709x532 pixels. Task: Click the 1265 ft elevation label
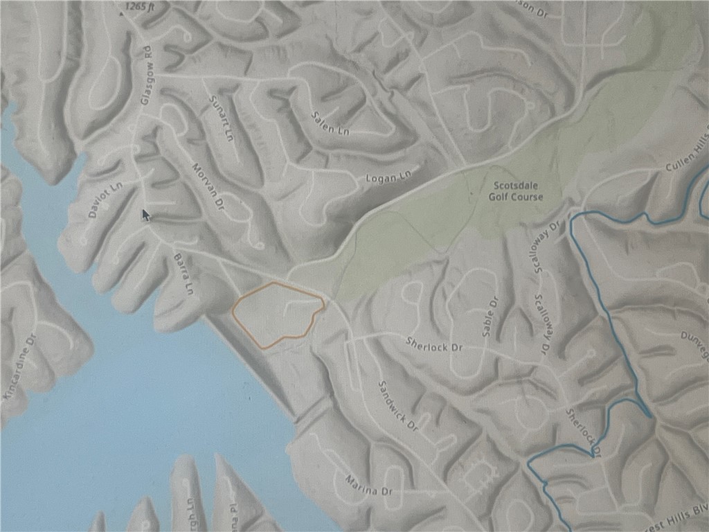[x=139, y=8]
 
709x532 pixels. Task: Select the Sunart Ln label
[x=218, y=119]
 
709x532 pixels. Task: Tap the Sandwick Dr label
[x=396, y=403]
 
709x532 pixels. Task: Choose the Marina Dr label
[x=368, y=486]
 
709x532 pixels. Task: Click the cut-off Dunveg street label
[x=695, y=356]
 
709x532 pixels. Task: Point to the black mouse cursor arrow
[x=145, y=215]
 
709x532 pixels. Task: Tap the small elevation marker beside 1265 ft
[x=122, y=12]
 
